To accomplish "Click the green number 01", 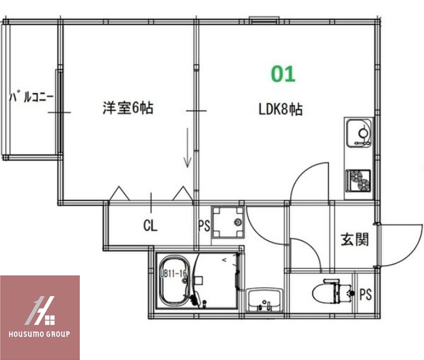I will [x=283, y=74].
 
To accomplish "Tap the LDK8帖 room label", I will [x=280, y=109].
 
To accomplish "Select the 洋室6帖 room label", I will [x=128, y=108].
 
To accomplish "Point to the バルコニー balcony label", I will [x=31, y=98].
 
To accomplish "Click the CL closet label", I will [x=150, y=225].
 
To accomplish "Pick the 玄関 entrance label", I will [x=354, y=240].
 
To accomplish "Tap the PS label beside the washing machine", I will [x=203, y=225].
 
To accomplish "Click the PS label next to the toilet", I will [x=365, y=294].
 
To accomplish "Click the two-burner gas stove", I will [x=359, y=180].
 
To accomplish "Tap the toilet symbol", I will [x=333, y=292].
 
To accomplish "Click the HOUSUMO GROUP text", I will [x=40, y=333].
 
